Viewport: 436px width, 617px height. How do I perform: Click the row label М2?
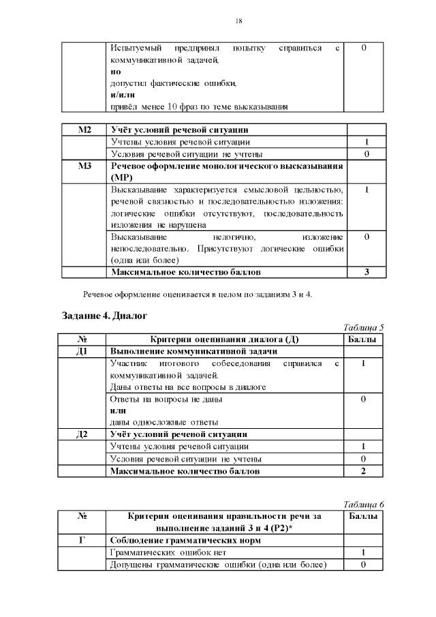(x=84, y=130)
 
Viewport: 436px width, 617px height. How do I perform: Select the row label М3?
(x=84, y=166)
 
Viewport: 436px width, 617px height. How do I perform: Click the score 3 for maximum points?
(x=367, y=272)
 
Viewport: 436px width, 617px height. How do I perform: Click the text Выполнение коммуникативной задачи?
(x=193, y=351)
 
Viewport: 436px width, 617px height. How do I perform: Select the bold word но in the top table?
(x=115, y=71)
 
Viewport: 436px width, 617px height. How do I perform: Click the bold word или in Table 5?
(x=118, y=410)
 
